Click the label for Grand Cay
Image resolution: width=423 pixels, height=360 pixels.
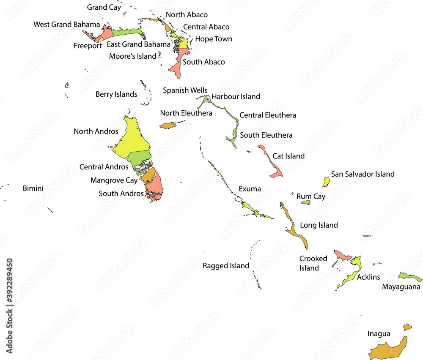tap(104, 7)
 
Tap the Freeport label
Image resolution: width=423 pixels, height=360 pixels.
tap(88, 46)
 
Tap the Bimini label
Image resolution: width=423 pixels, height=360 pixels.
tap(33, 188)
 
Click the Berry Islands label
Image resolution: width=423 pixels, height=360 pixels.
tap(116, 94)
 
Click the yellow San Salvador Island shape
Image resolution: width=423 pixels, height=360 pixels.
tap(326, 182)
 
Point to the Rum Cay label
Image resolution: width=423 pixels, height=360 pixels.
tap(311, 196)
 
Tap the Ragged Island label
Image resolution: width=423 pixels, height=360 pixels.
tap(226, 266)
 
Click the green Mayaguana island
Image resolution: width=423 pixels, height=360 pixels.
tap(409, 277)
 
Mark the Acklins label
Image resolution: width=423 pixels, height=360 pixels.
tap(368, 277)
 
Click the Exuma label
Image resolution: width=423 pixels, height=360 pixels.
tap(250, 188)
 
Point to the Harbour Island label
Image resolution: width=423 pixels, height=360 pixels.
tap(236, 96)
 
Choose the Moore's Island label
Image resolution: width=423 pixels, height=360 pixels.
tap(132, 56)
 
